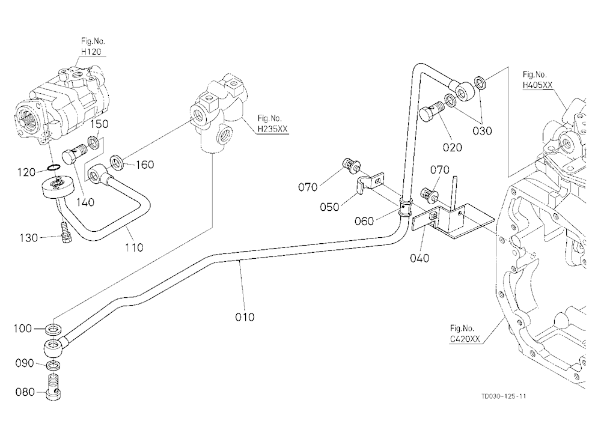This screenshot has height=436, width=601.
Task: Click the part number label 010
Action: coord(245,317)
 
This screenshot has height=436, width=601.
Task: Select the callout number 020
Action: coord(453,147)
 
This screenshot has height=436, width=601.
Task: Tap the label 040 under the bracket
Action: coord(419,258)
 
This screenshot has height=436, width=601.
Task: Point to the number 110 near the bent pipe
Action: coord(134,247)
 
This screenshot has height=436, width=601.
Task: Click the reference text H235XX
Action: coord(272,129)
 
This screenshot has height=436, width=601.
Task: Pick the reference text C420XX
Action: coord(465,339)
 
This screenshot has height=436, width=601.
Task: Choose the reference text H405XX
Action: coord(538,85)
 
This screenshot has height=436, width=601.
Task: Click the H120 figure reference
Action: coord(91,52)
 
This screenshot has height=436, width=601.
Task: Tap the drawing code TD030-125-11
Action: coord(504,396)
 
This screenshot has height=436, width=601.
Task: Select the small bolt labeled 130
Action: coord(65,233)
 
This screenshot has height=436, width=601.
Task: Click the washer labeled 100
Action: coord(53,329)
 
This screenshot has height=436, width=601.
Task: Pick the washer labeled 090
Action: coord(53,365)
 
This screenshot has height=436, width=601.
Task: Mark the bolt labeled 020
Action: coord(430,112)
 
